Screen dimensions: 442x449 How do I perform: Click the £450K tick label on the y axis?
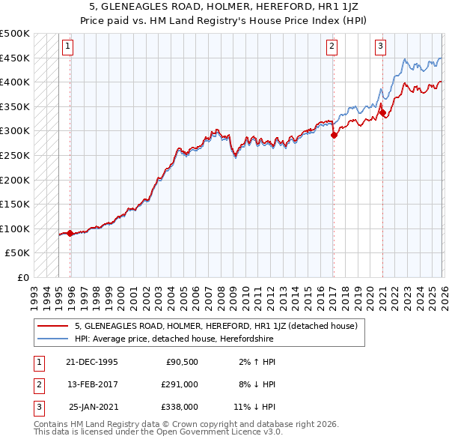pyautogui.click(x=15, y=58)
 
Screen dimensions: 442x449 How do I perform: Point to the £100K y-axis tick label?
pyautogui.click(x=15, y=228)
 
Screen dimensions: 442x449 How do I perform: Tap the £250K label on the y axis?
pyautogui.click(x=15, y=155)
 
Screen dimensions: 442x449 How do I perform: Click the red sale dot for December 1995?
pyautogui.click(x=70, y=233)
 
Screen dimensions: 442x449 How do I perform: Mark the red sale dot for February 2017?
pyautogui.click(x=334, y=136)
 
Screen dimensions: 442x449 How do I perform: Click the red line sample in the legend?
pyautogui.click(x=52, y=326)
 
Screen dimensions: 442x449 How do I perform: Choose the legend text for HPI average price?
pyautogui.click(x=174, y=339)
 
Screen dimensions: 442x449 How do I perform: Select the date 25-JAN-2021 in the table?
pyautogui.click(x=94, y=407)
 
